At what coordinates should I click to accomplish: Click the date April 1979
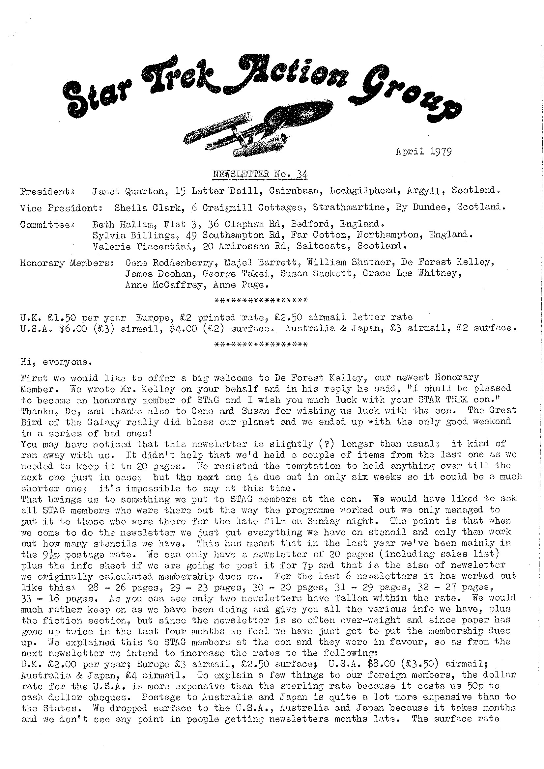point(423,152)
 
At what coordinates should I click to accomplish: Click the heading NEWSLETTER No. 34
point(260,174)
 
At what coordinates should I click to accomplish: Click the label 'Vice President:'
point(61,208)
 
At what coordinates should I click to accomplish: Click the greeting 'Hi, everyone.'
point(54,362)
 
